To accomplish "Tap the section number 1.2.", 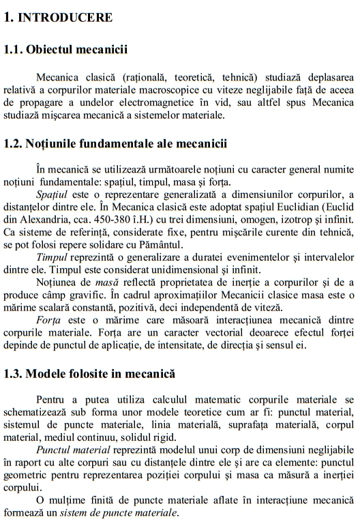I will coord(12,143).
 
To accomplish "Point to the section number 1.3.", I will coord(12,374).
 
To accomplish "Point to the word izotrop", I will coord(282,218).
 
